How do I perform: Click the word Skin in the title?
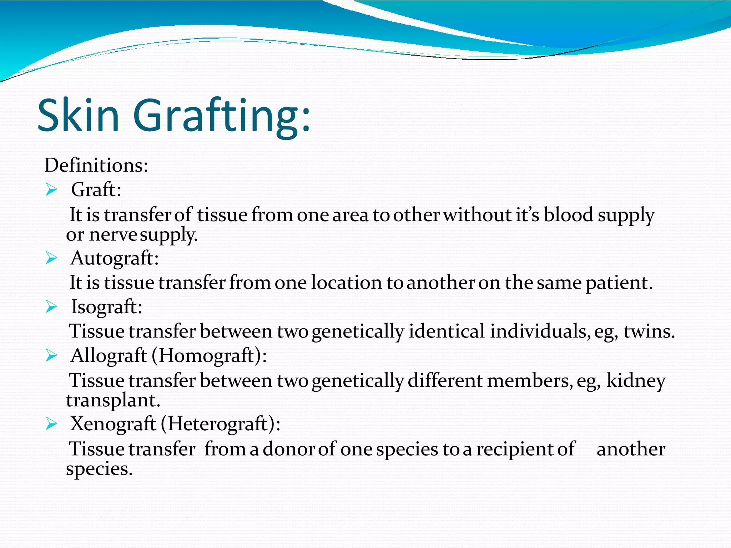pos(78,115)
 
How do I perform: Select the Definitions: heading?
pos(96,165)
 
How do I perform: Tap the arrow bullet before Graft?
pos(51,189)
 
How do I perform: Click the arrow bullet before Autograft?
pos(51,258)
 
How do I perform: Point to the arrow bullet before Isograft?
pos(51,307)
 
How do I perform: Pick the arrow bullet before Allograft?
pos(51,355)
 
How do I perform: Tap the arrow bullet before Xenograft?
pos(51,424)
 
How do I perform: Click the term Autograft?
pos(115,258)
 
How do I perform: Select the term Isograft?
pos(107,307)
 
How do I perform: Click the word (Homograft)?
pos(209,355)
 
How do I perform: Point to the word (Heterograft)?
pos(221,424)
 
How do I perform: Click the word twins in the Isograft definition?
pos(649,331)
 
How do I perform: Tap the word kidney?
pos(636,380)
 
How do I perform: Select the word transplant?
pos(113,400)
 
